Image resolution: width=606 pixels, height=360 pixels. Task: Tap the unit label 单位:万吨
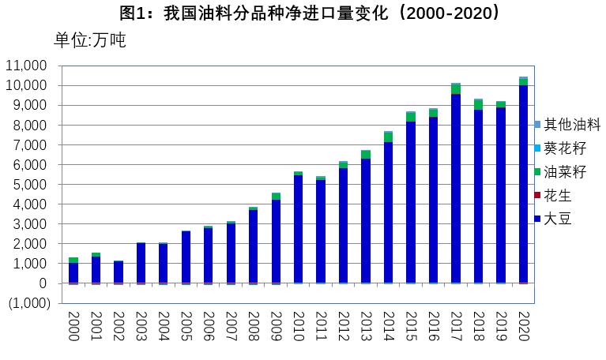coord(89,40)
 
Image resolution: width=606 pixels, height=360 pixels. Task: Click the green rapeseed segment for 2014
coord(389,137)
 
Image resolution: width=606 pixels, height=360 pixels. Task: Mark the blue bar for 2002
coord(119,272)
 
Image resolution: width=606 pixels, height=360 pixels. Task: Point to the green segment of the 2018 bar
coord(478,105)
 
